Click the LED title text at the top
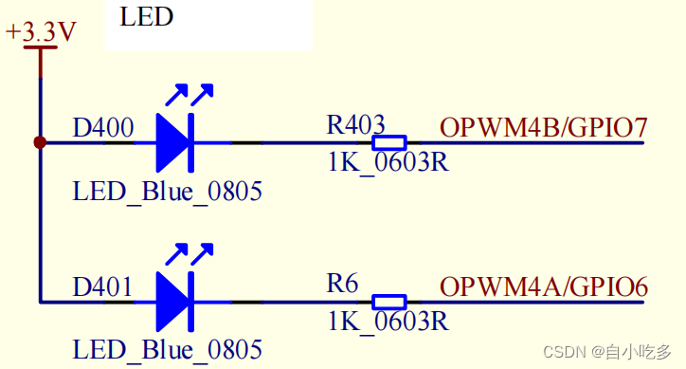[147, 16]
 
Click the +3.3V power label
[41, 32]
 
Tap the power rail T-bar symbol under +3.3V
[41, 50]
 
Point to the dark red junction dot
[40, 143]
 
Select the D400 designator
[102, 126]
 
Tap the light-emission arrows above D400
[190, 95]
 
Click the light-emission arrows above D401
[190, 253]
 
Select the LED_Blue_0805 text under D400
[167, 193]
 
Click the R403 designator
[355, 124]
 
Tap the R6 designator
[342, 284]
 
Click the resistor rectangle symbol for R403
[389, 143]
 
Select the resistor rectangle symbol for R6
[389, 302]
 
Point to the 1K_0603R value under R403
[388, 162]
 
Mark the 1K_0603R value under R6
[388, 322]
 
